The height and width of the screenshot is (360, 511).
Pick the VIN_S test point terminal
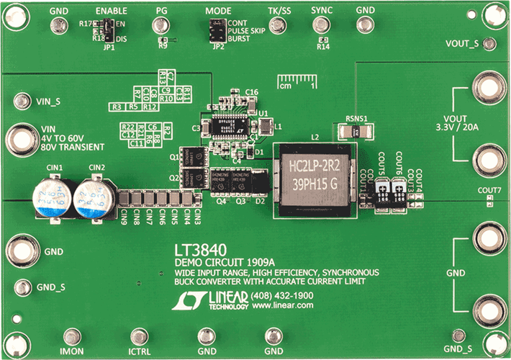tap(26, 102)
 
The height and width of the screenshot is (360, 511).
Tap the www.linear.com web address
tap(282, 305)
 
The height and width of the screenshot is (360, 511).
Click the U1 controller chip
tap(230, 123)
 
